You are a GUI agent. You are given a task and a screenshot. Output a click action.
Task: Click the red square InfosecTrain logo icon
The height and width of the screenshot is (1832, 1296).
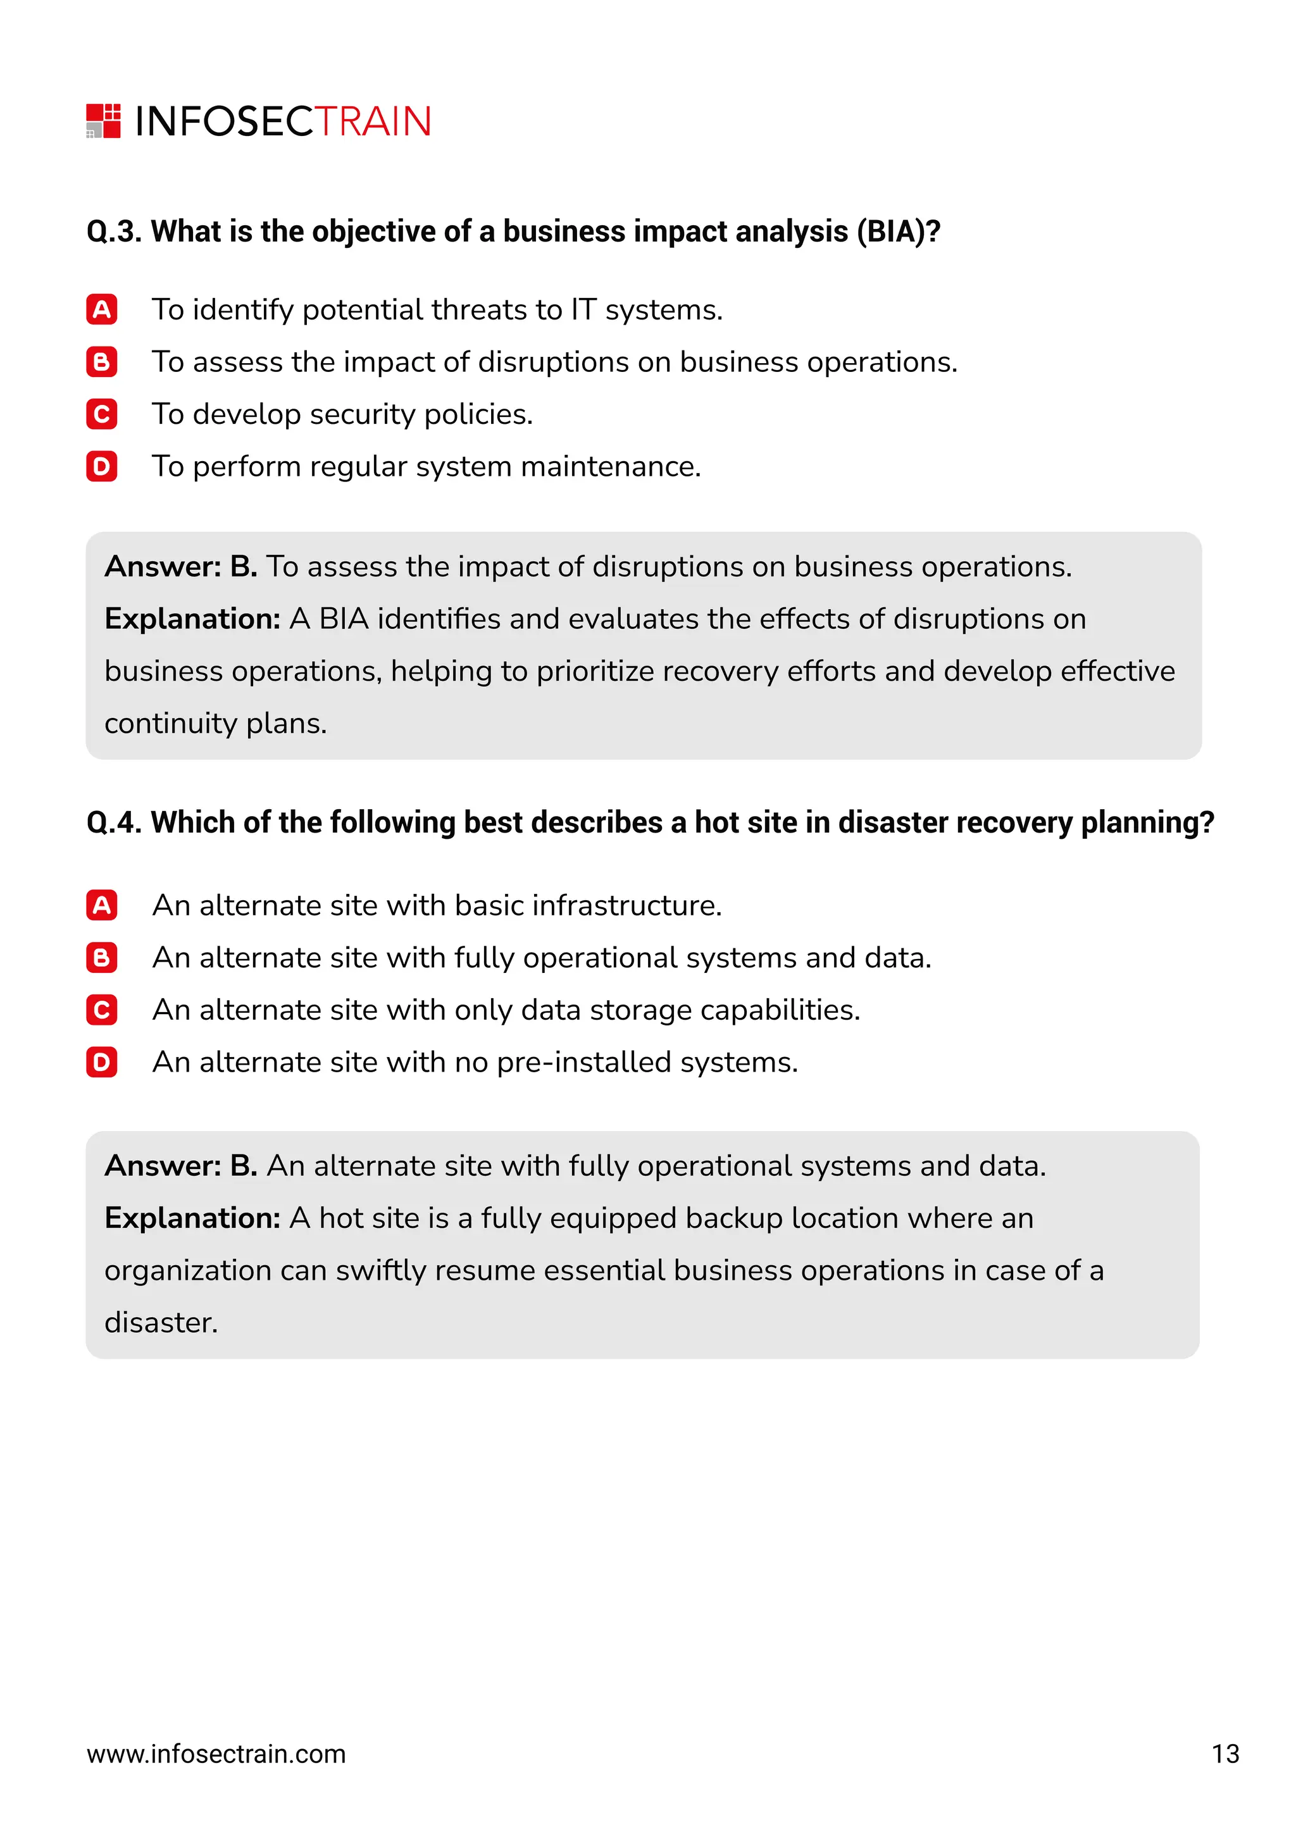tap(103, 120)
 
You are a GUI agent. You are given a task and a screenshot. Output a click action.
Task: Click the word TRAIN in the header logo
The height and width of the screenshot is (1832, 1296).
tap(373, 122)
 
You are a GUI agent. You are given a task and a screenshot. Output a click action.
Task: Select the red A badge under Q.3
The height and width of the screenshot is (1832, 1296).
tap(101, 309)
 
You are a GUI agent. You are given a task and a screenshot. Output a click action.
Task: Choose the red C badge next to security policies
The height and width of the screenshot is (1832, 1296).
tap(101, 414)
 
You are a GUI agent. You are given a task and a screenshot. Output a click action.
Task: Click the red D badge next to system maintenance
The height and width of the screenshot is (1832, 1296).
tap(101, 466)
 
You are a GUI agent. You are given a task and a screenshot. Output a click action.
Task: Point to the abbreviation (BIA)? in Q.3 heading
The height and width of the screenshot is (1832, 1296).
tap(898, 232)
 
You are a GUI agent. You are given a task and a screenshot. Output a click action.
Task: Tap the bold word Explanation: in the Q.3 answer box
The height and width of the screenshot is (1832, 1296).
tap(192, 619)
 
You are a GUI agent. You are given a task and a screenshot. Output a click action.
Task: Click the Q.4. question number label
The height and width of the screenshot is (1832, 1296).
tap(114, 822)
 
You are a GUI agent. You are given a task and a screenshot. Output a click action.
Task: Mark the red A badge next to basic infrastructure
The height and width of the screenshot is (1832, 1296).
tap(101, 906)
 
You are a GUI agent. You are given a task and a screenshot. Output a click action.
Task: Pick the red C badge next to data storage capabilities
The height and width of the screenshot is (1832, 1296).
tap(101, 1010)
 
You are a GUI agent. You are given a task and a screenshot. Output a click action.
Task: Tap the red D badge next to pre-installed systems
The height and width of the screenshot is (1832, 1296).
tap(101, 1062)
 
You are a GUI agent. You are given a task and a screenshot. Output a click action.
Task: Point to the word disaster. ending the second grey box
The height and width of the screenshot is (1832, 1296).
tap(161, 1323)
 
